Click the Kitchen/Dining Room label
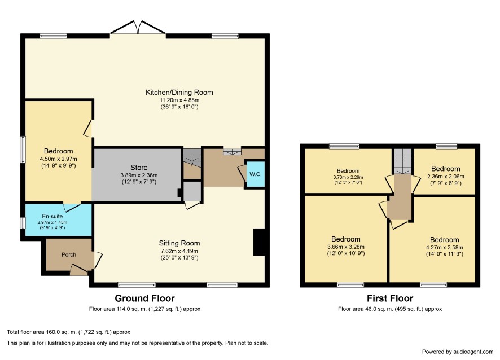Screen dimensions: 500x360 pos(179,93)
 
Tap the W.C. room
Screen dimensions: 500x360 pos(256,174)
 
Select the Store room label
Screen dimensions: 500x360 pos(139,168)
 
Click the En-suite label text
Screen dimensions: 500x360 pos(52,216)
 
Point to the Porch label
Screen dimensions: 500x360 pos(69,255)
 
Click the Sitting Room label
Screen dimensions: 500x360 pos(179,243)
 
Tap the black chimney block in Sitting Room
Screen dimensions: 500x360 pos(259,242)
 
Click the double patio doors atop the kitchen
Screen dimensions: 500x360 pos(138,28)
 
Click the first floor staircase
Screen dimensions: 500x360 pos(403,162)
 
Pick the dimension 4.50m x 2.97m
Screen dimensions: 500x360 pos(58,159)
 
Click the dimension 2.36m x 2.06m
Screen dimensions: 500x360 pos(445,177)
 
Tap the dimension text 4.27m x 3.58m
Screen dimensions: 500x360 pos(445,247)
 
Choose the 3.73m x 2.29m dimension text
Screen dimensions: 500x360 pos(348,177)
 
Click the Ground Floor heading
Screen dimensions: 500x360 pos(145,298)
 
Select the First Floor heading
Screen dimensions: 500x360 pos(390,298)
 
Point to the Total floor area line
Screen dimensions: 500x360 pos(68,332)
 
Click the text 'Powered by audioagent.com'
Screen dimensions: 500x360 pos(458,352)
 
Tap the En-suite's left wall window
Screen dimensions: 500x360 pos(23,223)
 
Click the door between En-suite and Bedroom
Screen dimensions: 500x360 pos(72,207)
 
